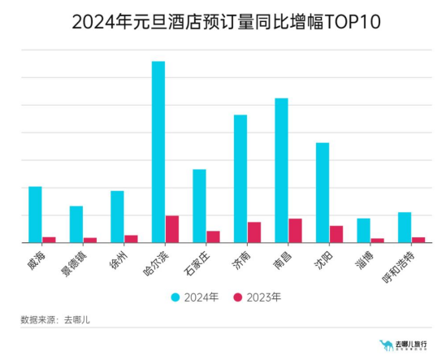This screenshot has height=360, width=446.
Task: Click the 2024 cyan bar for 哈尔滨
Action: click(158, 152)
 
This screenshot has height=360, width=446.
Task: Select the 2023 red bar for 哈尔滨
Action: click(172, 229)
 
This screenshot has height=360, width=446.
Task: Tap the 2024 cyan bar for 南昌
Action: click(281, 170)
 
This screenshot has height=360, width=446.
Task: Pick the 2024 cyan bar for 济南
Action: click(240, 179)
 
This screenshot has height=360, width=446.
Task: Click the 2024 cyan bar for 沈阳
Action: click(323, 193)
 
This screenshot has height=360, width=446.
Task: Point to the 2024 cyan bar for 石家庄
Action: click(199, 206)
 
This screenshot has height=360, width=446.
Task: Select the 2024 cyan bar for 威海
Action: click(35, 215)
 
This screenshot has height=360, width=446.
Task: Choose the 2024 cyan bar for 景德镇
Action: click(76, 224)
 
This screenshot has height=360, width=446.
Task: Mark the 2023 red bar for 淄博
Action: click(377, 240)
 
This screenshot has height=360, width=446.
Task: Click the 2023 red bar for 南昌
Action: click(295, 230)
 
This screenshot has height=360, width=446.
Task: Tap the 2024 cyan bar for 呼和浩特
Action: click(405, 227)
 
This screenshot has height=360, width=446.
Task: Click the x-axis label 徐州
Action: click(119, 259)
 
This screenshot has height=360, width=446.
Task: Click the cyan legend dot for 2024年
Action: click(175, 297)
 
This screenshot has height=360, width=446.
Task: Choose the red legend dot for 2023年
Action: click(238, 297)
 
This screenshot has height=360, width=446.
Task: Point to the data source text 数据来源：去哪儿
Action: click(54, 319)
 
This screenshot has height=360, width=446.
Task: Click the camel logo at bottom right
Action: click(386, 345)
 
